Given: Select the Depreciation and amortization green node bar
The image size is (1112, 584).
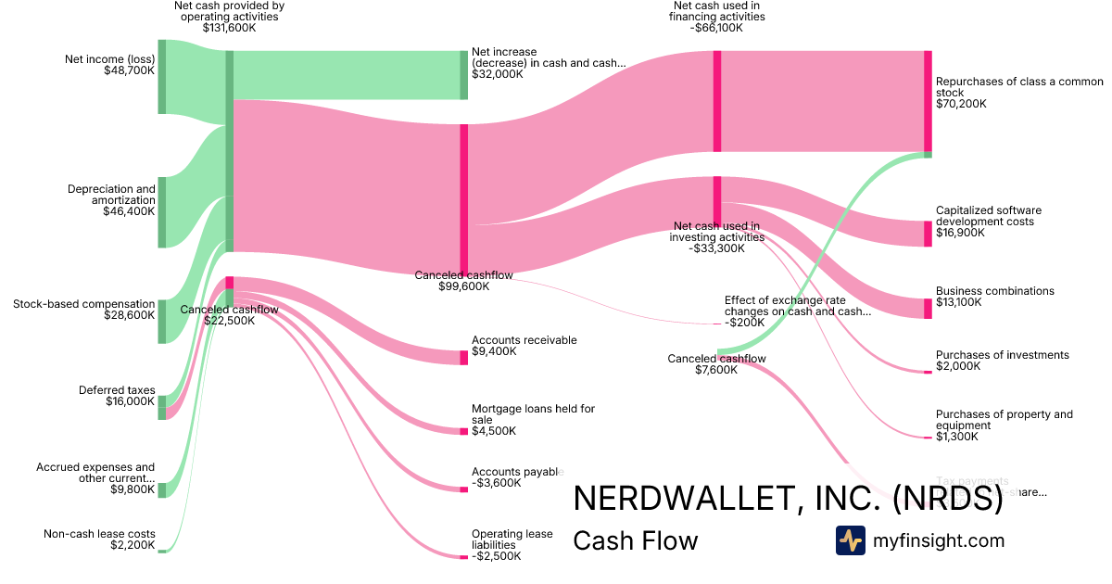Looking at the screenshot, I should pyautogui.click(x=161, y=212).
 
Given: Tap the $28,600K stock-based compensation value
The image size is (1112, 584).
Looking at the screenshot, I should pyautogui.click(x=129, y=315).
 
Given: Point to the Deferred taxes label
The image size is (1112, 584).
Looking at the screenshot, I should pyautogui.click(x=117, y=390).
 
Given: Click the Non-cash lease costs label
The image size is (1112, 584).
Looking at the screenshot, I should pyautogui.click(x=99, y=534).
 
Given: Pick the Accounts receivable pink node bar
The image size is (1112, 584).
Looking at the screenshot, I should pyautogui.click(x=464, y=358).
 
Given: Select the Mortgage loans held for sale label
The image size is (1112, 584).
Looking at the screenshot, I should pyautogui.click(x=533, y=414).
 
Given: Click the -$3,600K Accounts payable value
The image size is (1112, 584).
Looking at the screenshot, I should pyautogui.click(x=497, y=483).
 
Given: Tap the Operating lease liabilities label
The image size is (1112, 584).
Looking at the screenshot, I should pyautogui.click(x=512, y=540).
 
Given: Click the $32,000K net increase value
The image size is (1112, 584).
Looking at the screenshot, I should pyautogui.click(x=498, y=74).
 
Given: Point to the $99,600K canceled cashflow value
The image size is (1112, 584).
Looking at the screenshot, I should pyautogui.click(x=463, y=287).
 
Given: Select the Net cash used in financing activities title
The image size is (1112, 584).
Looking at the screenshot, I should pyautogui.click(x=718, y=11).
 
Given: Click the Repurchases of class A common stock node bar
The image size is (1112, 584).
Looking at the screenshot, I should pyautogui.click(x=928, y=101).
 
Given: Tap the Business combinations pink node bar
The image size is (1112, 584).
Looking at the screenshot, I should pyautogui.click(x=928, y=309).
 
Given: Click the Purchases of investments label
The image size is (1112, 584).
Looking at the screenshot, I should pyautogui.click(x=1002, y=355).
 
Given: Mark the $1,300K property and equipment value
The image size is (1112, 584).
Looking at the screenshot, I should pyautogui.click(x=955, y=437).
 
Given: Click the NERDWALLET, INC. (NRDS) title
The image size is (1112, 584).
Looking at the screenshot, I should pyautogui.click(x=788, y=499).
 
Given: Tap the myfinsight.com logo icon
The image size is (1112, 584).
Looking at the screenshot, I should pyautogui.click(x=850, y=540).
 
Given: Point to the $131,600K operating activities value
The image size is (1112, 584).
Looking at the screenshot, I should pyautogui.click(x=229, y=28).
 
